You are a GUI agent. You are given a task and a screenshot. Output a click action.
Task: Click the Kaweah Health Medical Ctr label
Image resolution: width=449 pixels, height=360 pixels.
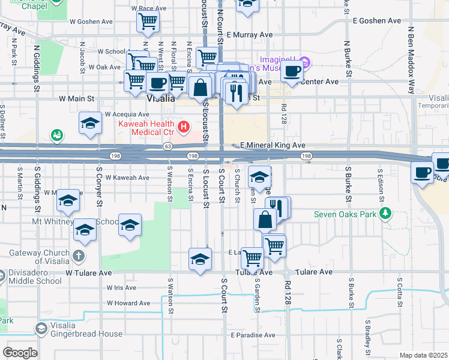pos(142,127)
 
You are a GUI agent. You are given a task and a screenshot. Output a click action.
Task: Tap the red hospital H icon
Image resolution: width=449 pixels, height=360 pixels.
pos(184,127)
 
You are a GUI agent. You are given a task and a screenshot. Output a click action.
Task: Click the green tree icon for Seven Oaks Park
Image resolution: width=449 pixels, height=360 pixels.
pos(385,214)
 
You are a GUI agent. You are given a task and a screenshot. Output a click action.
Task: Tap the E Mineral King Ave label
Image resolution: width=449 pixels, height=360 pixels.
pos(273,145)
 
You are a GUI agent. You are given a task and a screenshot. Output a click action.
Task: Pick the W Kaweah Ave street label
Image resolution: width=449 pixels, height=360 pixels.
pos(127,178)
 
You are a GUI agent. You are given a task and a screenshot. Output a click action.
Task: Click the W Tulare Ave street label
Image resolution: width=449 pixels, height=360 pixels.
pos(89,272)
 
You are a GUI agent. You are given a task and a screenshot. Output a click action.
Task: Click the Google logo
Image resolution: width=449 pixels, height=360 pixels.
pos(20,353)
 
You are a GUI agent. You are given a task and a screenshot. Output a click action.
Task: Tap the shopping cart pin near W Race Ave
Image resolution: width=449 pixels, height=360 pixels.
pos(148,22)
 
